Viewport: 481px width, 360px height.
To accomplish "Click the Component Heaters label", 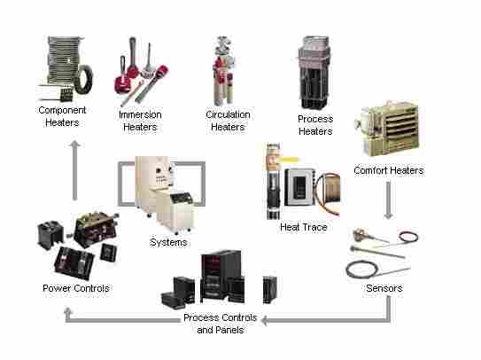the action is click(x=62, y=116).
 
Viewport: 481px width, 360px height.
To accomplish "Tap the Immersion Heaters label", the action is click(x=140, y=121).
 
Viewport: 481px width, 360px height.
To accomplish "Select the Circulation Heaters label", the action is click(x=228, y=121).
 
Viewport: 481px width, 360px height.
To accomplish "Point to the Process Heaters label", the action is click(x=315, y=125).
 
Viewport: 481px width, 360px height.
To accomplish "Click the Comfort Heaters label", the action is click(x=389, y=170).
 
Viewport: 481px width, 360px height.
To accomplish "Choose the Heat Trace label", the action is click(x=303, y=227).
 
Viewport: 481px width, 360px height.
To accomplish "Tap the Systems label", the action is click(x=168, y=242).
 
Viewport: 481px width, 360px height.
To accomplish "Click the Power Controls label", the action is click(x=76, y=288).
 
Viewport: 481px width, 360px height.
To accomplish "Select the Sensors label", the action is click(x=384, y=288).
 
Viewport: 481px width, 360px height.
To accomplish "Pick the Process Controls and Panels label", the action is click(x=220, y=324).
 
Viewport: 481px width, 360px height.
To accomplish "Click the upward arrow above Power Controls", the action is click(x=74, y=170).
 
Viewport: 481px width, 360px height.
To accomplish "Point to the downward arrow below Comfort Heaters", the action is click(x=388, y=200).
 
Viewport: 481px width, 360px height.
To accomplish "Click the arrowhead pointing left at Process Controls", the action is click(x=265, y=320).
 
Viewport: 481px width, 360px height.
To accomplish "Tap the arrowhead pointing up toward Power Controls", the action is click(x=68, y=311).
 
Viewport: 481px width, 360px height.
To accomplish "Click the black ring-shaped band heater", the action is click(x=83, y=80).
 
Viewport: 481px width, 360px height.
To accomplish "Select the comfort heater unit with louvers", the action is click(x=387, y=129).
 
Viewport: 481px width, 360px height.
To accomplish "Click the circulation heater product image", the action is click(x=223, y=71).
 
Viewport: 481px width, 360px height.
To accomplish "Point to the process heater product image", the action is click(x=314, y=73).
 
